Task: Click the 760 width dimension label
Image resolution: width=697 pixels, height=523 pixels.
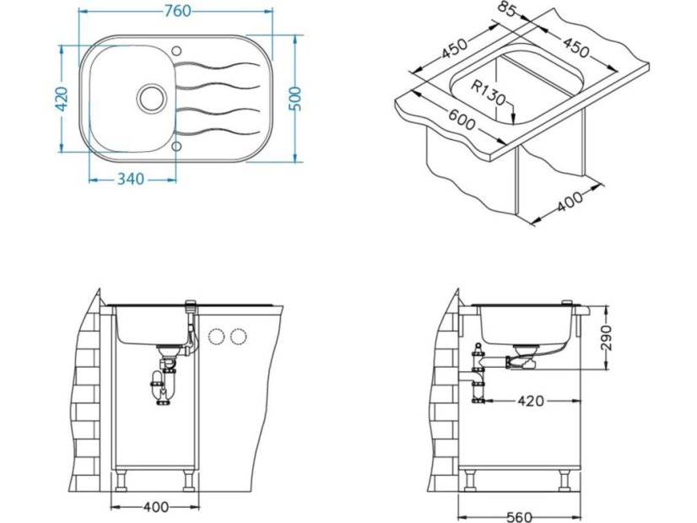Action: pyautogui.click(x=177, y=11)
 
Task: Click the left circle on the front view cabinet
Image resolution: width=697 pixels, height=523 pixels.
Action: pyautogui.click(x=216, y=337)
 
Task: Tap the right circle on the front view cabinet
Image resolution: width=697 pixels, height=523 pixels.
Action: pyautogui.click(x=239, y=337)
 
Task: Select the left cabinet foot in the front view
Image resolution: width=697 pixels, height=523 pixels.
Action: pyautogui.click(x=119, y=482)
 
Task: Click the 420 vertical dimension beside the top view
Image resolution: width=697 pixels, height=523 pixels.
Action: pyautogui.click(x=59, y=100)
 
